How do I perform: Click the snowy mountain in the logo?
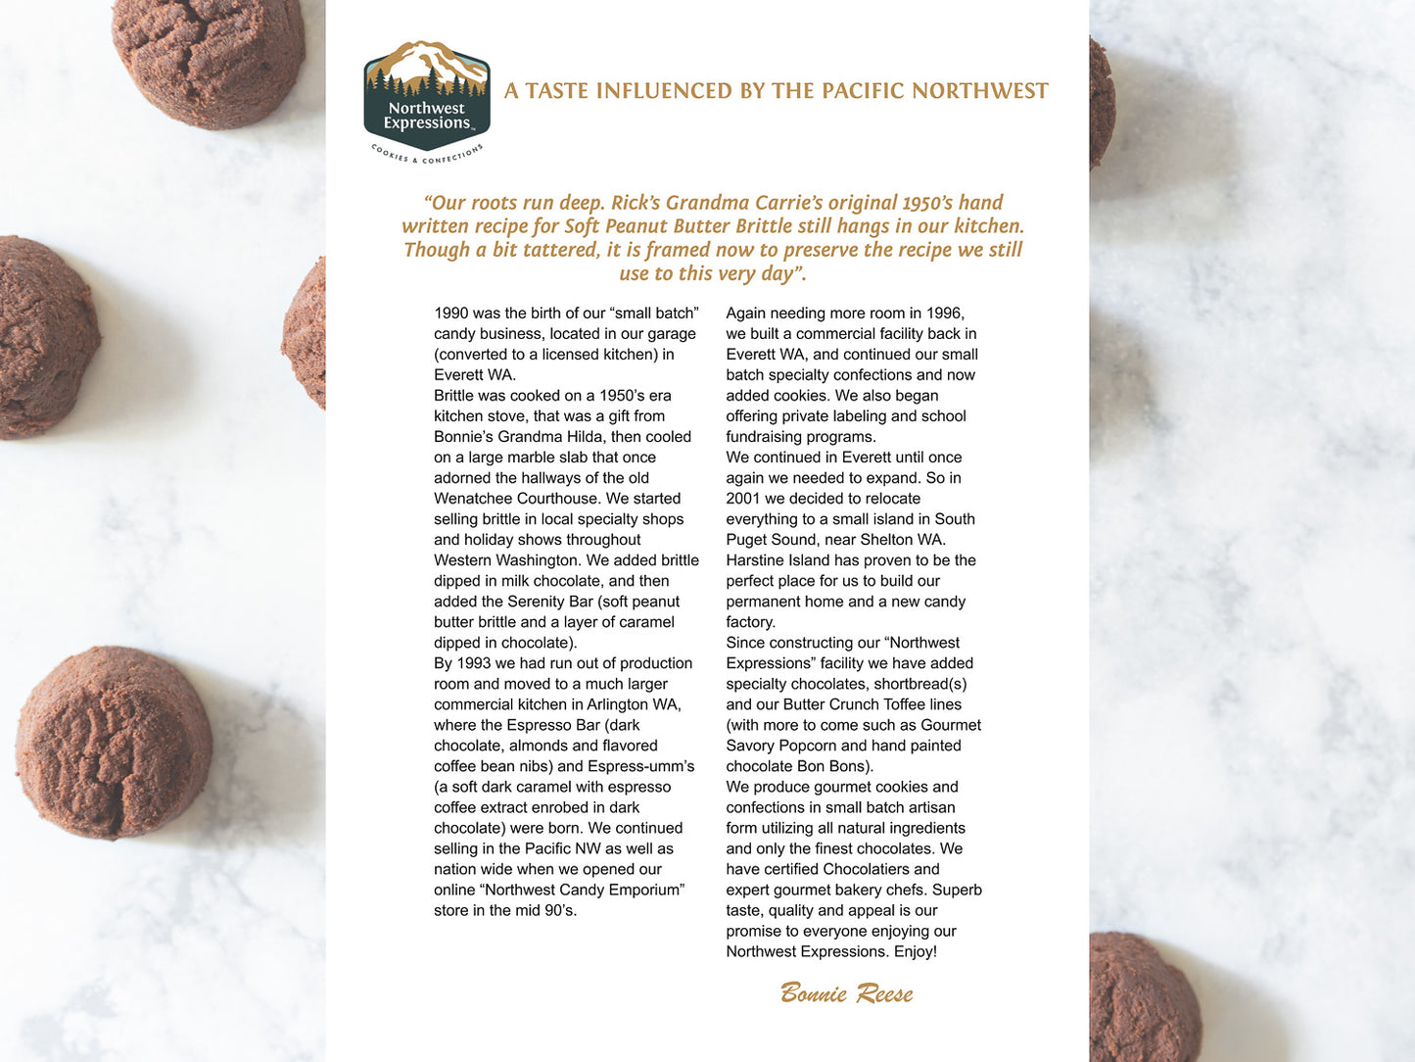(426, 61)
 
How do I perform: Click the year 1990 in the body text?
(451, 314)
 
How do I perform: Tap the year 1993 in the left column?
(475, 663)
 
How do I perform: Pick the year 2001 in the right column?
(743, 499)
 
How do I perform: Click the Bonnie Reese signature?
(846, 993)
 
